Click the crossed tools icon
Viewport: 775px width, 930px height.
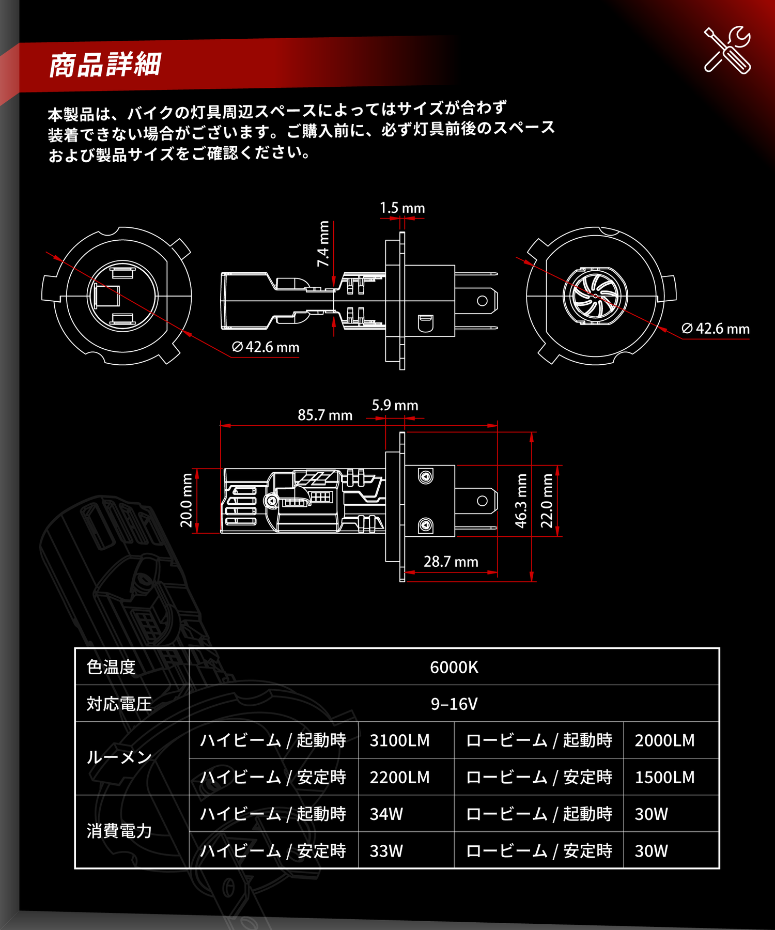click(x=727, y=50)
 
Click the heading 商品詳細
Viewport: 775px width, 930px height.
click(x=105, y=65)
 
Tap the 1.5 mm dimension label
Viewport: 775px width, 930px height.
click(x=402, y=208)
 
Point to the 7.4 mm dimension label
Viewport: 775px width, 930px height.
click(x=323, y=244)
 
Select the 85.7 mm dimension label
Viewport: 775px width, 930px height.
click(x=324, y=415)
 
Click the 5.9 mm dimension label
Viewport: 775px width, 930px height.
click(x=395, y=406)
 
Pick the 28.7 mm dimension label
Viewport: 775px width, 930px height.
click(x=451, y=562)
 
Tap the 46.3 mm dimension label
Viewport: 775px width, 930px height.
click(x=521, y=501)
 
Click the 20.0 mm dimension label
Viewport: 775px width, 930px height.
click(x=186, y=500)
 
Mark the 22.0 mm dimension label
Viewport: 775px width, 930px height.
click(x=547, y=501)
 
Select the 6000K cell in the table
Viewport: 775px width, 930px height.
click(x=454, y=667)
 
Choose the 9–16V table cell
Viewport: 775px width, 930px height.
click(x=454, y=704)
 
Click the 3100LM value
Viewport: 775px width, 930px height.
click(x=399, y=740)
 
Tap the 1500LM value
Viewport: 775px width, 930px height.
click(x=664, y=777)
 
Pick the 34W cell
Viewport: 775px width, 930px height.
click(x=386, y=814)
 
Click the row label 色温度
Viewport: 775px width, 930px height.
click(x=111, y=667)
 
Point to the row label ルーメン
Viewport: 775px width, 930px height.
click(x=119, y=758)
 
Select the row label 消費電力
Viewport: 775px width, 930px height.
click(x=119, y=831)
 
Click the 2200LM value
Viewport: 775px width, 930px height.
click(x=399, y=777)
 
